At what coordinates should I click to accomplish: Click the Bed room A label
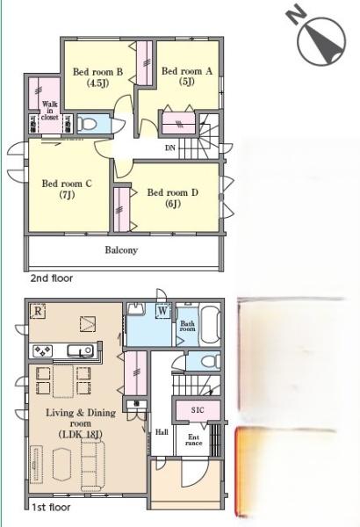point(187,76)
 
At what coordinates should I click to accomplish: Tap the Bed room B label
point(97,77)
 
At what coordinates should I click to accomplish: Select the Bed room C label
point(67,189)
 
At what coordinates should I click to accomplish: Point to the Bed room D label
point(173,198)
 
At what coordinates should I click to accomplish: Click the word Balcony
point(121,250)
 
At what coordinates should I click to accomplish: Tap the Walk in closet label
point(50,111)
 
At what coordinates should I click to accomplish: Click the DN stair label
point(170,148)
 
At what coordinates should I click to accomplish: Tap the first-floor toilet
point(210,362)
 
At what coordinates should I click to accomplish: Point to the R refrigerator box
point(38,311)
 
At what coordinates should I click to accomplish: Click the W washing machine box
point(162,311)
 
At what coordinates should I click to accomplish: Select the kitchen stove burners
point(42,351)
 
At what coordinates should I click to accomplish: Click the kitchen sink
point(80,350)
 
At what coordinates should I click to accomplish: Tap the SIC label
point(198,410)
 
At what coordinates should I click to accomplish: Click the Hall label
point(162,432)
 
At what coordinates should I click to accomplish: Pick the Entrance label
point(194,440)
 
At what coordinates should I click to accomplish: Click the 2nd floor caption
point(52,278)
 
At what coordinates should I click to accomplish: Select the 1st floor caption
point(51,507)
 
